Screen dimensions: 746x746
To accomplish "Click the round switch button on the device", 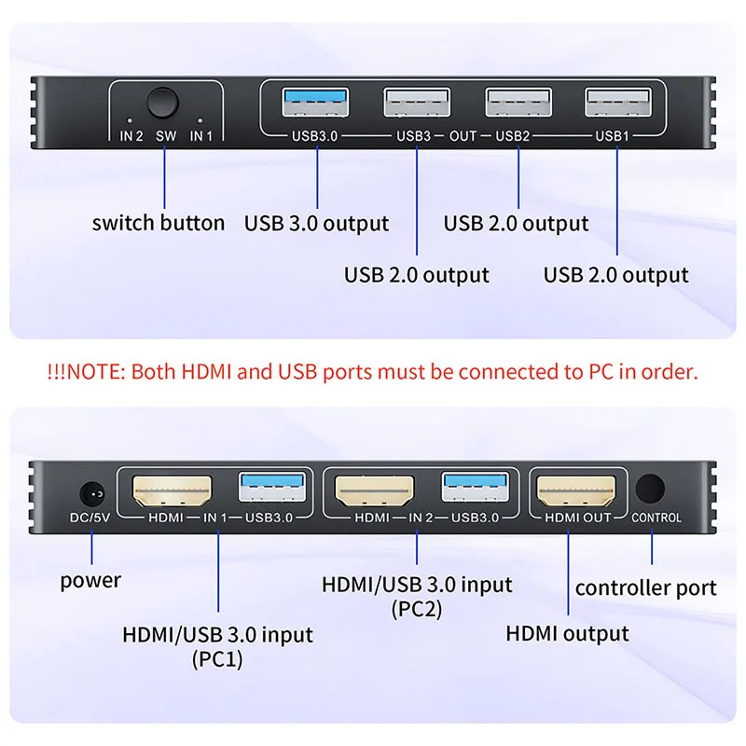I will point(164,102).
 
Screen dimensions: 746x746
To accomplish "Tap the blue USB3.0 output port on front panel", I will point(317,102).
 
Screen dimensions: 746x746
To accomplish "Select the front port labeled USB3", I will point(417,102).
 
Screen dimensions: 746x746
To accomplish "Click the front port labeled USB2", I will point(518,102).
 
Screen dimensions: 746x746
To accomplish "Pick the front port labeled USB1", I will point(617,102).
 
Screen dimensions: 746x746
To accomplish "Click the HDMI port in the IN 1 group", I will point(174,490).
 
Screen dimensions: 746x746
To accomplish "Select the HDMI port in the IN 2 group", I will point(375,490).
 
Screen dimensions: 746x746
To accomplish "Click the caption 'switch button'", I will point(159,223).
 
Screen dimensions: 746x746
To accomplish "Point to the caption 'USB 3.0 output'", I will point(317,224).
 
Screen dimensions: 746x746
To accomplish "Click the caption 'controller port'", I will point(645,587).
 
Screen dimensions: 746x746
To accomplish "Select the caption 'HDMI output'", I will point(567,634).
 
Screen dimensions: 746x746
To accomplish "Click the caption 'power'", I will point(90,581).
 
